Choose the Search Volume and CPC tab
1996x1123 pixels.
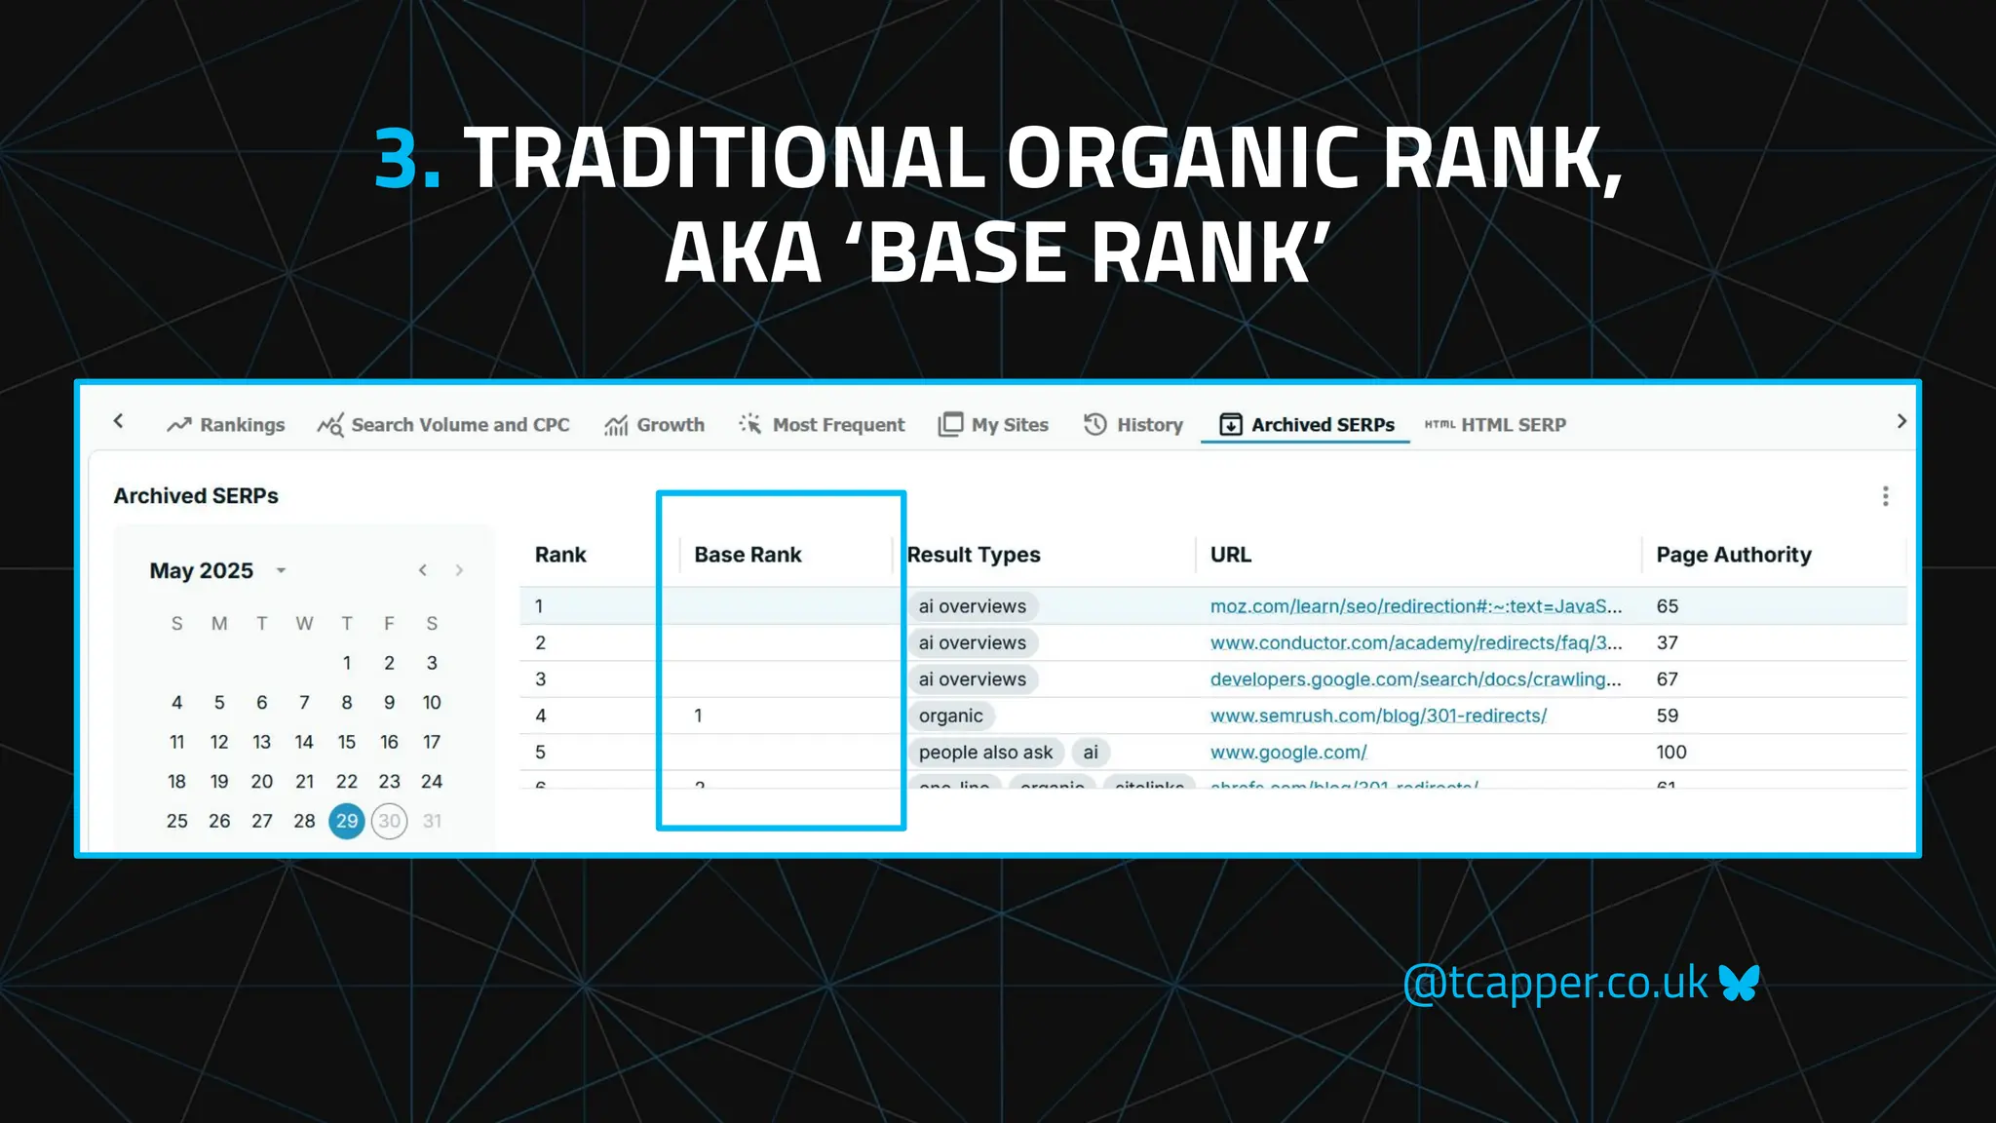[x=443, y=425]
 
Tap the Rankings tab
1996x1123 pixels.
[x=226, y=425]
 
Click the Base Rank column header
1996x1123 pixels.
[x=748, y=555]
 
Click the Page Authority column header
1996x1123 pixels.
[x=1733, y=555]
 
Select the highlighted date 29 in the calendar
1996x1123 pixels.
[x=347, y=821]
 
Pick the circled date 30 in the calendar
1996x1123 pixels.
[x=389, y=821]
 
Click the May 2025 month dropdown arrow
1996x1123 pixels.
[x=281, y=571]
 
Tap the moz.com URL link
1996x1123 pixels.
[x=1415, y=606]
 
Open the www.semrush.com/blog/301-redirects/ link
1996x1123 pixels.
[x=1378, y=716]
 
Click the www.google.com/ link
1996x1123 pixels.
[x=1287, y=753]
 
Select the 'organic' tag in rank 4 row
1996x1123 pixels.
[x=950, y=716]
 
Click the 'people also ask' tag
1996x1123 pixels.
[x=985, y=753]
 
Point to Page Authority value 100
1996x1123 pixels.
[x=1670, y=753]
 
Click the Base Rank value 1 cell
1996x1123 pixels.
[x=698, y=716]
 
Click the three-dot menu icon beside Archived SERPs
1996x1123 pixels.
[x=1885, y=496]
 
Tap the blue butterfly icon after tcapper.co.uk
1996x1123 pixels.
[x=1740, y=983]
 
